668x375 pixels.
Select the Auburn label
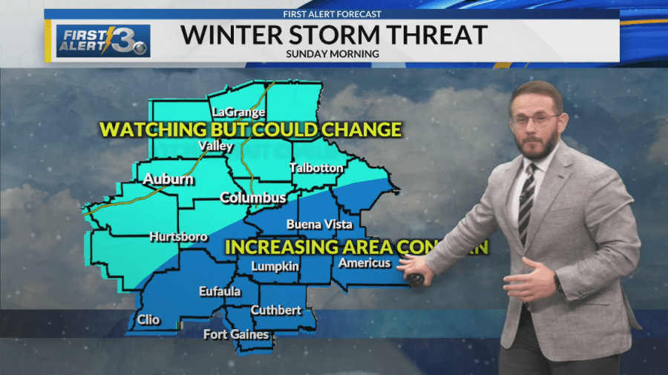click(168, 179)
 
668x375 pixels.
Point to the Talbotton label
click(316, 167)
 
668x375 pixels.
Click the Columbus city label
click(252, 198)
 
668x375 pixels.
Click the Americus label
click(364, 263)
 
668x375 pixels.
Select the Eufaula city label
click(220, 291)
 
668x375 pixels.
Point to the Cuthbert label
click(275, 310)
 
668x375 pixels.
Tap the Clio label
click(148, 321)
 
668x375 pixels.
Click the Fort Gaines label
click(236, 334)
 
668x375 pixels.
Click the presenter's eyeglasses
click(534, 120)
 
